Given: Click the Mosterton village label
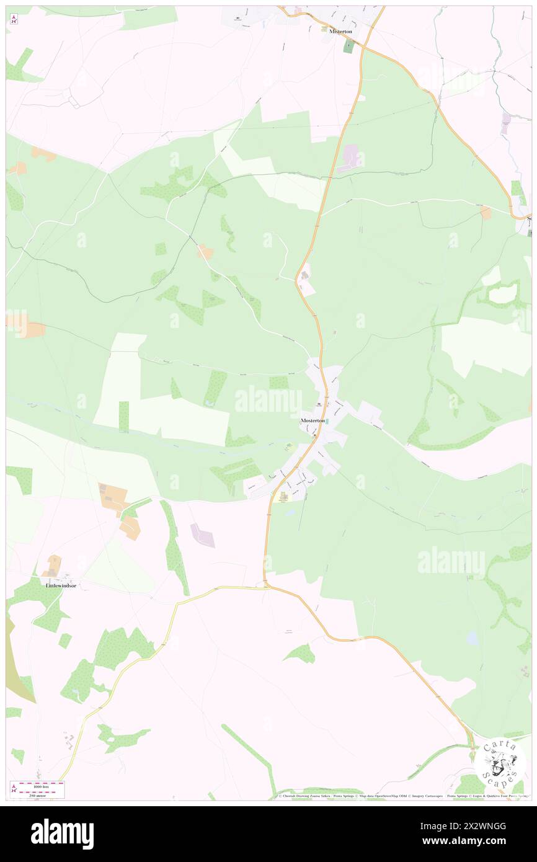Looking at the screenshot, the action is [x=313, y=420].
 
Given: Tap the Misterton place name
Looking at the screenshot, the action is [x=341, y=31].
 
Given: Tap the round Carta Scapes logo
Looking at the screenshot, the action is [x=500, y=762].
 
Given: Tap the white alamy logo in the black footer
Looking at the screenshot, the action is [x=62, y=833].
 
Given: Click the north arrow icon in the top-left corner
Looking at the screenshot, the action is [x=14, y=19].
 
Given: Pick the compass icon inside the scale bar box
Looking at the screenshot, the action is [x=14, y=789].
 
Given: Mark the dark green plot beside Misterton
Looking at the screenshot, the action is [x=348, y=46].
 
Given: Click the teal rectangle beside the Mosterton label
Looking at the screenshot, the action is [x=327, y=421].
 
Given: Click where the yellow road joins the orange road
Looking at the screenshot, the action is [x=265, y=586].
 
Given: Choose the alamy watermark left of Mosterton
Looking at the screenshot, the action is [x=268, y=400].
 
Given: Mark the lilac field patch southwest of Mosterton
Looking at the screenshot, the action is [x=203, y=535].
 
